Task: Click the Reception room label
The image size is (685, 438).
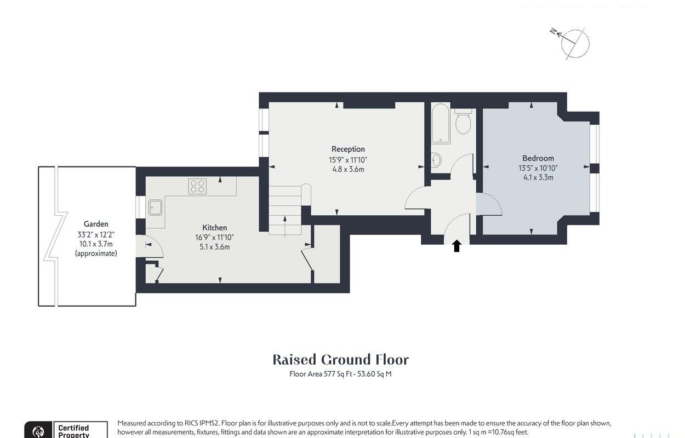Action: pos(348,149)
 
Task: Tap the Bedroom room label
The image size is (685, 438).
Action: pos(538,158)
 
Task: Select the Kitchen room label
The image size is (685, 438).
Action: pos(214,228)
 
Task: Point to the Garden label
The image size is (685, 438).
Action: pos(96,224)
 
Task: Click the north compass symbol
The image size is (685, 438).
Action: pos(574,43)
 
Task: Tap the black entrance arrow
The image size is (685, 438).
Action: pos(456,246)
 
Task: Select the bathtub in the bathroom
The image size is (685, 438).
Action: pos(441,124)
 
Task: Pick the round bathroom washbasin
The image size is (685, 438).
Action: pos(437,160)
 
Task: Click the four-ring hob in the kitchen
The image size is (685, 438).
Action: pos(197,187)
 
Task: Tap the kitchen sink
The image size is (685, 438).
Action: pos(155,208)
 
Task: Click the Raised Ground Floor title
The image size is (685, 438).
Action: pos(341,360)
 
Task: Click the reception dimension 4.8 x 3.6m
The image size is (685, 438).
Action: pos(348,169)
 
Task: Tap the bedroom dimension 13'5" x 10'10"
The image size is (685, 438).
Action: pos(538,168)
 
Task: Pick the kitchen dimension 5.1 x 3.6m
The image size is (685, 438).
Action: pos(214,247)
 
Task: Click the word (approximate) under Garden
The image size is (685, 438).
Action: pos(96,253)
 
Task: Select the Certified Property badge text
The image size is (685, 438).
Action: pos(73,431)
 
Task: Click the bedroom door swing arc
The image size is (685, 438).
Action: pos(490,205)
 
